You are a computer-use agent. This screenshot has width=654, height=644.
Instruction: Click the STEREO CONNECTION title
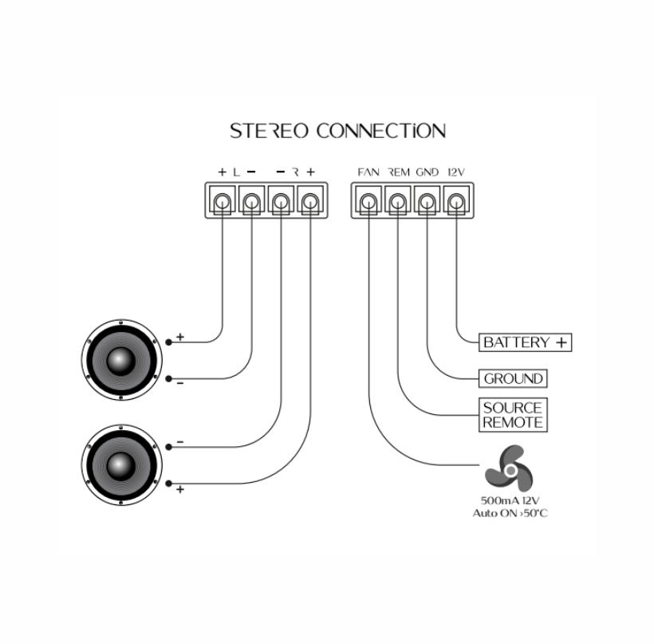pos(337,131)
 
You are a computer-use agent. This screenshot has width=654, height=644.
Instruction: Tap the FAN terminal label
pos(368,172)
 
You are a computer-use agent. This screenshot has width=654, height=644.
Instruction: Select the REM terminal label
pos(398,172)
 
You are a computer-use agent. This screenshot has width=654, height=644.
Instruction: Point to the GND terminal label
pos(427,172)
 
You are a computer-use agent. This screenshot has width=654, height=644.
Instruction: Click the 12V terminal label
pos(456,172)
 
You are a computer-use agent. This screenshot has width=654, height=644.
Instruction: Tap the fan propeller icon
pos(507,468)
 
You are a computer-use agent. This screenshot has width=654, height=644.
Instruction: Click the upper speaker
pos(120,360)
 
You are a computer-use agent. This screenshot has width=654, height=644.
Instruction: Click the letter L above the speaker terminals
pos(236,172)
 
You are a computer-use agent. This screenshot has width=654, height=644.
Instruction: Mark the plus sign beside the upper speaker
pos(180,338)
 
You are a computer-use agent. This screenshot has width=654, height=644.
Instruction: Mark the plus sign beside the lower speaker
pos(180,489)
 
